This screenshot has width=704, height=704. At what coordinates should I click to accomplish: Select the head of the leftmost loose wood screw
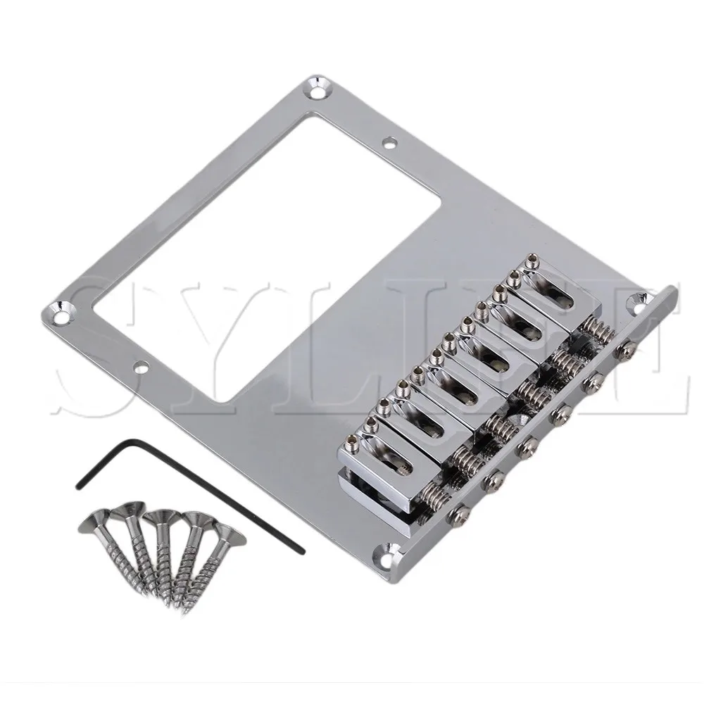point(93,520)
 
